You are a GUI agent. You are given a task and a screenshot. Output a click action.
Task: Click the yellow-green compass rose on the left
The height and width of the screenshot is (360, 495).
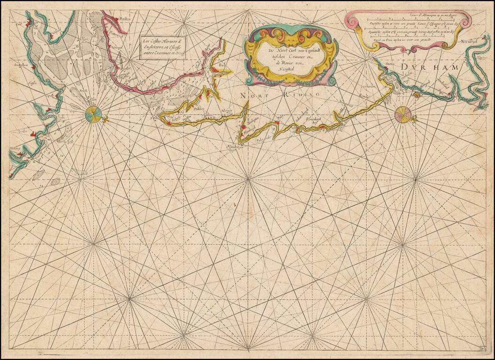click(x=93, y=114)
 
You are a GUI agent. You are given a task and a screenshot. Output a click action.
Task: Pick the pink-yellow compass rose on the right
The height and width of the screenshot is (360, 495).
click(x=403, y=113)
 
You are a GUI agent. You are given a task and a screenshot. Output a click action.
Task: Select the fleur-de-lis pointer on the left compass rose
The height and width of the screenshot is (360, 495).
click(x=105, y=118)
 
